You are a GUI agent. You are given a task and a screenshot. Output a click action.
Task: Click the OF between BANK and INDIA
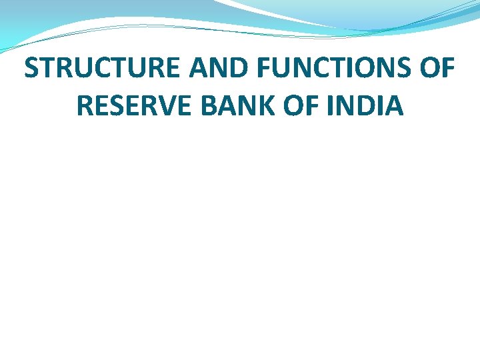click(x=299, y=105)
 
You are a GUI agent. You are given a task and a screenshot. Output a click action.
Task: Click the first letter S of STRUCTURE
click(x=31, y=69)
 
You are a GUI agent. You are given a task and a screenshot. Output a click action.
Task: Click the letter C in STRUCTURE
click(x=99, y=69)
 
